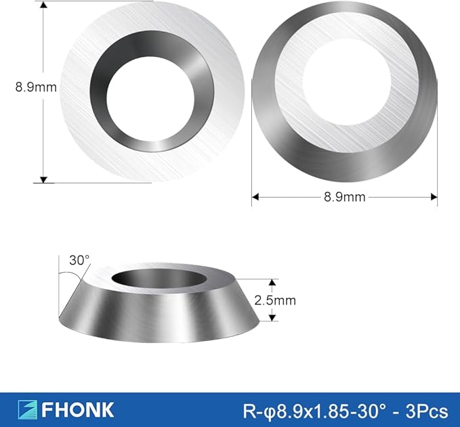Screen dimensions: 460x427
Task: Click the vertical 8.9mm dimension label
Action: coord(36,87)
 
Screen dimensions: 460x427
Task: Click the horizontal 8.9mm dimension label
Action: coord(345,197)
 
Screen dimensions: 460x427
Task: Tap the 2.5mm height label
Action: coord(275,300)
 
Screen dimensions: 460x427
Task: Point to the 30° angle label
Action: coord(79,260)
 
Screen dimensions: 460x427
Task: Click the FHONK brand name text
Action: coord(77,409)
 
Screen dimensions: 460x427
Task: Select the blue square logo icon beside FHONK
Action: coord(27,409)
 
